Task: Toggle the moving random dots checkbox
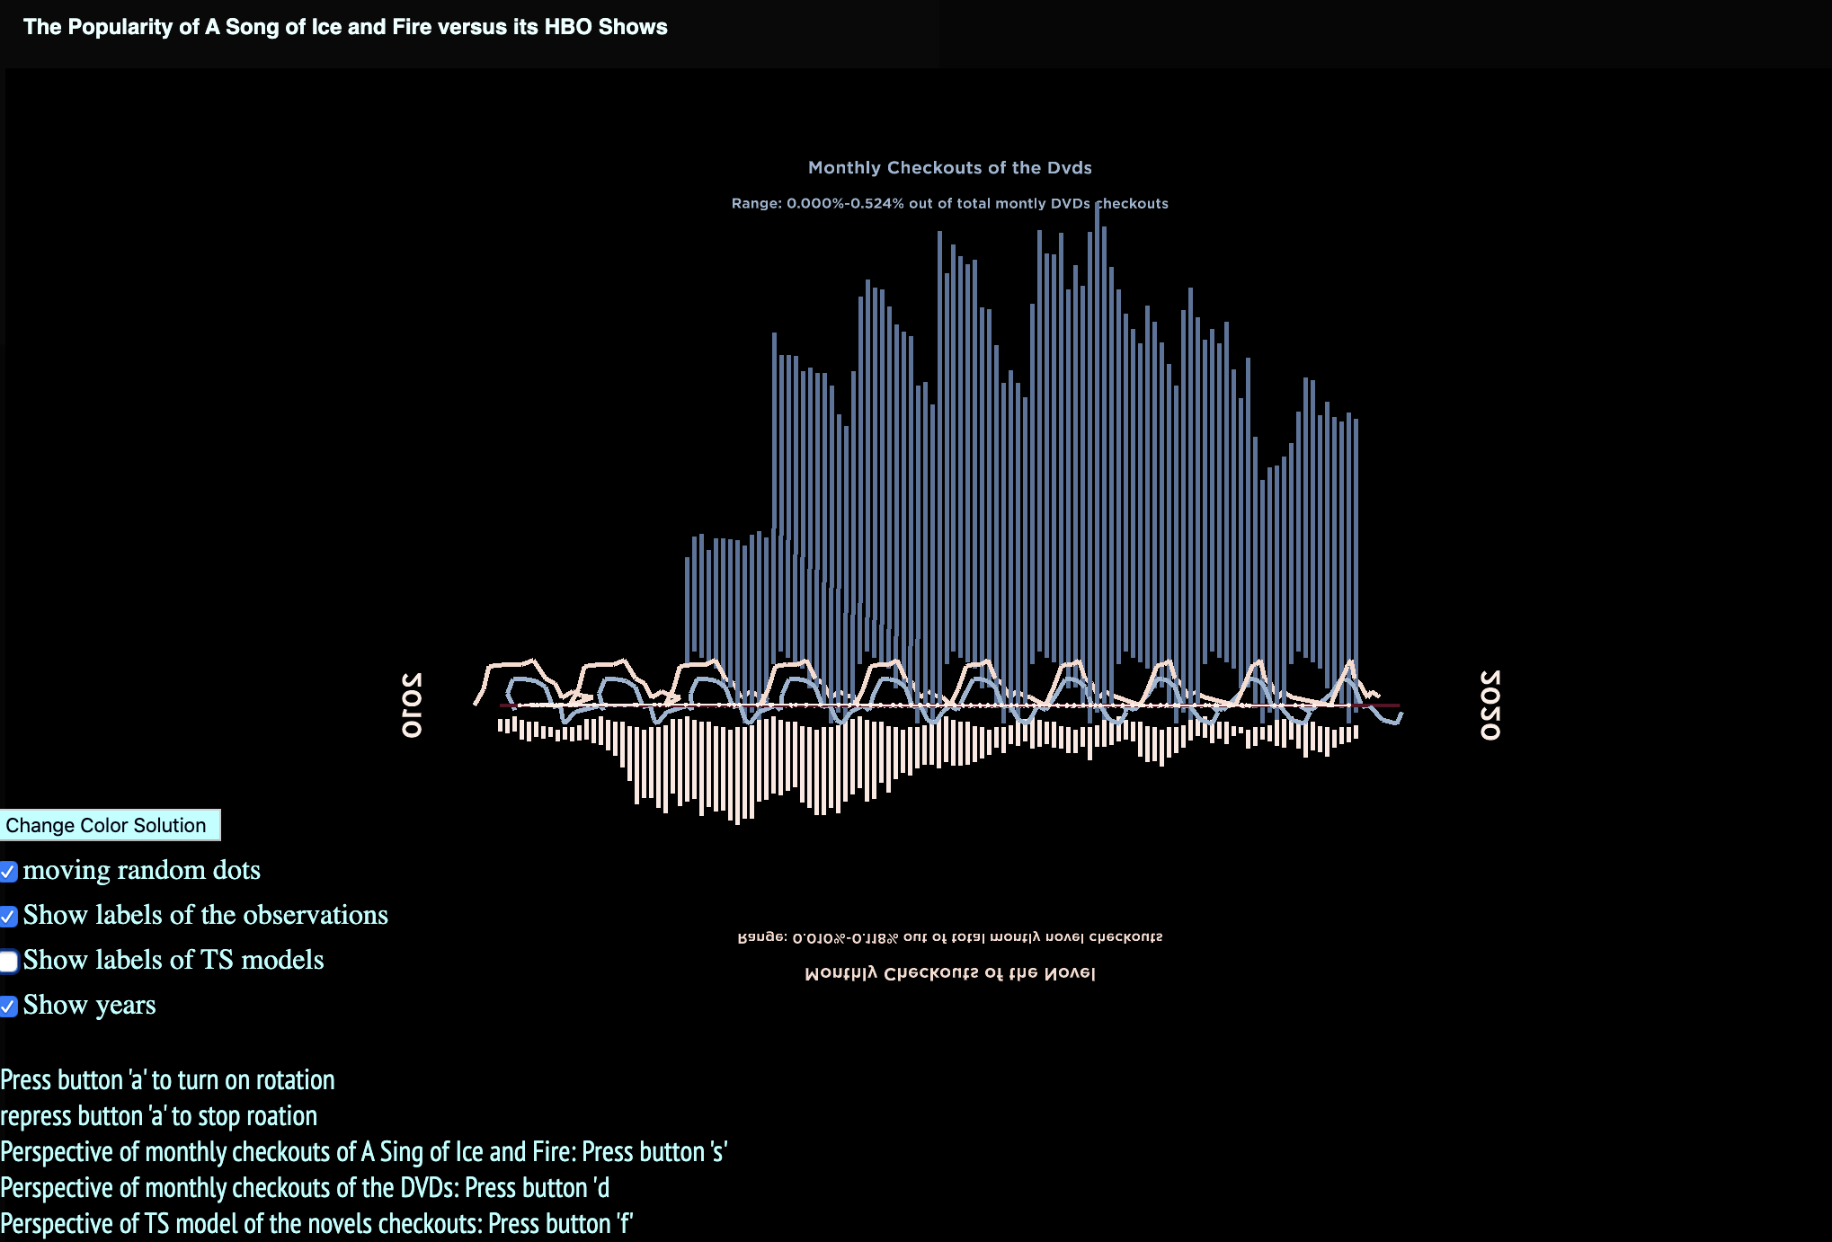pyautogui.click(x=9, y=872)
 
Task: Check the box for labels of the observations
pyautogui.click(x=9, y=917)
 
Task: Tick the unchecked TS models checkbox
pyautogui.click(x=9, y=962)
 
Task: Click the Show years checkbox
pyautogui.click(x=9, y=1007)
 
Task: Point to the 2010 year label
pyautogui.click(x=412, y=705)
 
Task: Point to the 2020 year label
pyautogui.click(x=1490, y=705)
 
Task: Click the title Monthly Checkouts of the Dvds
pyautogui.click(x=949, y=168)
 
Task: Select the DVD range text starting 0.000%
pyautogui.click(x=949, y=204)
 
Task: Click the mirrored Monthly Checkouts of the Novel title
pyautogui.click(x=949, y=973)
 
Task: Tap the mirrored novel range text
pyautogui.click(x=949, y=937)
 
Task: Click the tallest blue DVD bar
pyautogui.click(x=1097, y=449)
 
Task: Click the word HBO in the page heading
pyautogui.click(x=568, y=27)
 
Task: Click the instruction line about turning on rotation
pyautogui.click(x=167, y=1080)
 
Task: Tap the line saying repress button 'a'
pyautogui.click(x=158, y=1116)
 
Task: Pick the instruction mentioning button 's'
pyautogui.click(x=363, y=1152)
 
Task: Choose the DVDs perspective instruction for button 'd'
pyautogui.click(x=305, y=1188)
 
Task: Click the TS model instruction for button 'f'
pyautogui.click(x=316, y=1224)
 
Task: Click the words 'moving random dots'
pyautogui.click(x=141, y=870)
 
